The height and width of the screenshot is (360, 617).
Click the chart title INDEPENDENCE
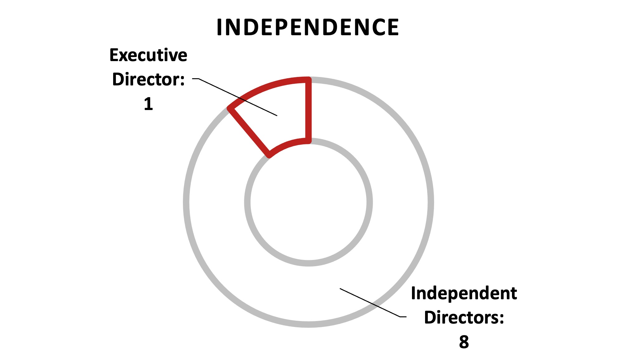(308, 27)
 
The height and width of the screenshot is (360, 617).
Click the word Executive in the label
(148, 55)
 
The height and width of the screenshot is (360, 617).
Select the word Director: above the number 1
(148, 79)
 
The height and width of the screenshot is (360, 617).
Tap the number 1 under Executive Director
(148, 104)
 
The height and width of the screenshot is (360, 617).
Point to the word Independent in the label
(464, 294)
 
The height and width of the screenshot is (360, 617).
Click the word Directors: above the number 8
(464, 318)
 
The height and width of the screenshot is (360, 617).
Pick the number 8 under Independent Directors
(464, 342)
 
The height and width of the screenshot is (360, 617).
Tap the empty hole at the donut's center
(308, 202)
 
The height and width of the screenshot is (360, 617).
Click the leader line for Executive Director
(235, 97)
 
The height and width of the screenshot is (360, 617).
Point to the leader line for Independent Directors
(373, 303)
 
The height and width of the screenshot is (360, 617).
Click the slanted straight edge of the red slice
(249, 132)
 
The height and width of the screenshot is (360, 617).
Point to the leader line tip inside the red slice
(277, 116)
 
